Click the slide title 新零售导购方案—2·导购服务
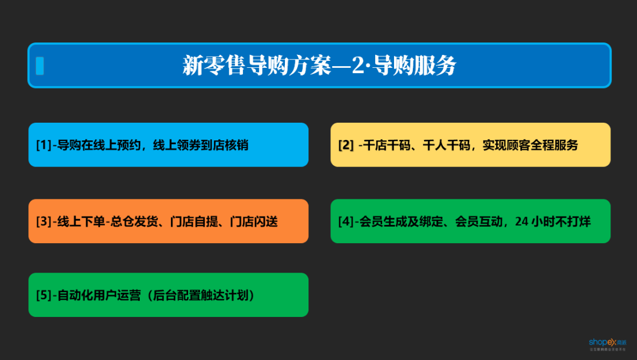point(319,66)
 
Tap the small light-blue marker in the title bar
point(40,66)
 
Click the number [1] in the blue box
point(43,145)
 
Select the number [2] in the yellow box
point(346,145)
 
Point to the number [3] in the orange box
point(43,222)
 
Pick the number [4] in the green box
point(346,222)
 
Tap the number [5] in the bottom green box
point(43,296)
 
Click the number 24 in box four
point(521,222)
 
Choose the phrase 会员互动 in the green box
point(479,222)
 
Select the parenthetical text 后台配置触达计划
point(202,296)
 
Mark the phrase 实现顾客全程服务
point(530,145)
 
